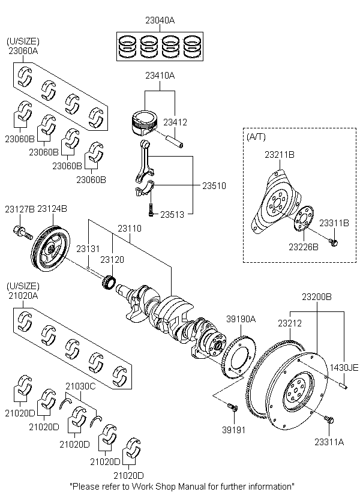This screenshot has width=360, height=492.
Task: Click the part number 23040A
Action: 160,20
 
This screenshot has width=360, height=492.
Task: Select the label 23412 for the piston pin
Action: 176,122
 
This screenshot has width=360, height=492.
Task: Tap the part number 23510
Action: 214,186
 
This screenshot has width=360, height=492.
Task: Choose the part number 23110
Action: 129,229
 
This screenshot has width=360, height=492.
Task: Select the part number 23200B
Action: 316,297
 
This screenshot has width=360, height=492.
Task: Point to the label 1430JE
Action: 344,368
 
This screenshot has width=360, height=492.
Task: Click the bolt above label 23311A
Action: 329,418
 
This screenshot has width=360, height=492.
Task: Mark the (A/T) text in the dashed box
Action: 256,137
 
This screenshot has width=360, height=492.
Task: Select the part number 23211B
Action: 280,155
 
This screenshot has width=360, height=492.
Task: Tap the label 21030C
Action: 80,387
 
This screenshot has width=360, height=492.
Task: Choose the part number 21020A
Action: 23,295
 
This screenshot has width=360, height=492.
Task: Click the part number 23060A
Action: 23,51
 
